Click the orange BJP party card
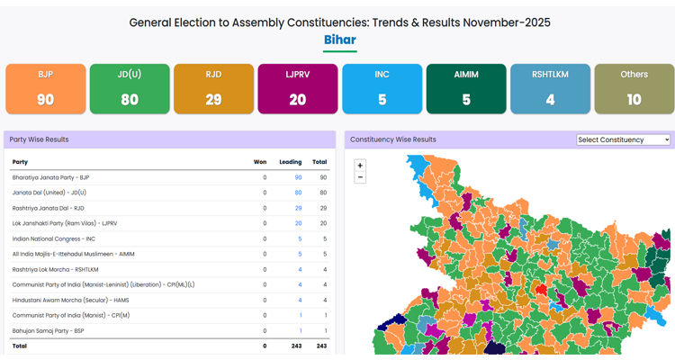click(45, 88)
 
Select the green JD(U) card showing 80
click(130, 88)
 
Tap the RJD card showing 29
click(213, 88)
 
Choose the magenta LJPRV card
click(298, 88)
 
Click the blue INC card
click(382, 88)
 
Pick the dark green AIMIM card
click(466, 88)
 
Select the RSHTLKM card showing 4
click(550, 88)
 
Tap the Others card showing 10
click(634, 88)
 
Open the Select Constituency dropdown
click(624, 139)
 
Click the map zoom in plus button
click(360, 166)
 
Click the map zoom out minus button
click(360, 177)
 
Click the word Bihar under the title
click(339, 40)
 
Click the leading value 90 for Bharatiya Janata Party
click(298, 177)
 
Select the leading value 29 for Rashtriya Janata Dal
click(298, 208)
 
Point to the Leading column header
click(290, 162)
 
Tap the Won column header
click(259, 162)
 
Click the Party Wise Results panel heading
click(39, 139)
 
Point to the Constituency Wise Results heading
click(392, 139)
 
